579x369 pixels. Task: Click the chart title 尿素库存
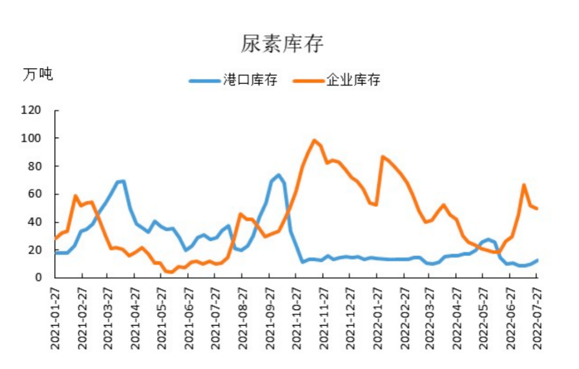tap(282, 44)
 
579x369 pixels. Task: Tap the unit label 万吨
tap(38, 74)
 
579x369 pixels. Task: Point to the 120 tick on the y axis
tap(31, 110)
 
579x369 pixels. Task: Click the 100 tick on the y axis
tap(31, 138)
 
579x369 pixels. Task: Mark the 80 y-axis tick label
tap(34, 166)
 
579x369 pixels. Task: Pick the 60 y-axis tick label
tap(34, 194)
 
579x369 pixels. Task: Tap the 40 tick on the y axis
tap(34, 222)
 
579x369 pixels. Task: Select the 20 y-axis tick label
tap(34, 250)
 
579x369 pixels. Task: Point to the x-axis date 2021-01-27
tap(55, 318)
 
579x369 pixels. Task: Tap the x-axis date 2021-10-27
tap(295, 318)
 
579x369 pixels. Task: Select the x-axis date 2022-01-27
tap(376, 318)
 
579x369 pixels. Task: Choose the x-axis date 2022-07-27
tap(537, 318)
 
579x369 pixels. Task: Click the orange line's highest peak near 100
tap(315, 140)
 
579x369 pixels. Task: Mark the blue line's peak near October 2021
tap(279, 175)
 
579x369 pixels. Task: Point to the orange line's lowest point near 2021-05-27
tap(171, 272)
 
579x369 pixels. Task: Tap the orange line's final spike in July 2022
tap(524, 185)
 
